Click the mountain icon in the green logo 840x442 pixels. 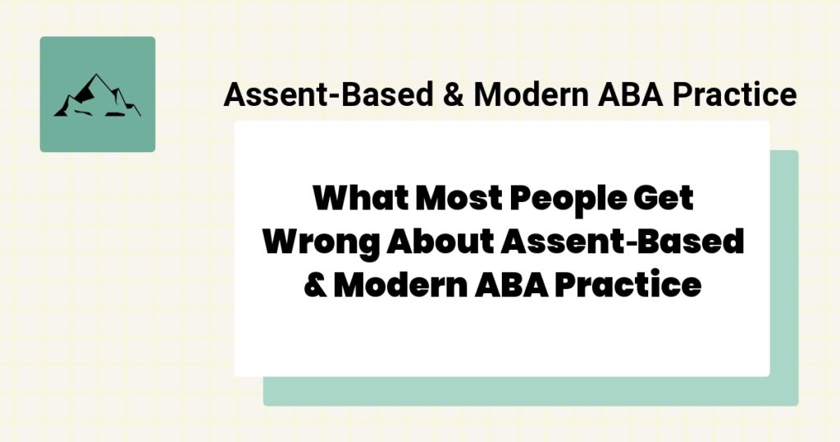97,95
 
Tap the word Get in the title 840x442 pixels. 664,200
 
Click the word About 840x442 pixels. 441,243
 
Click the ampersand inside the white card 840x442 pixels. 314,286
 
